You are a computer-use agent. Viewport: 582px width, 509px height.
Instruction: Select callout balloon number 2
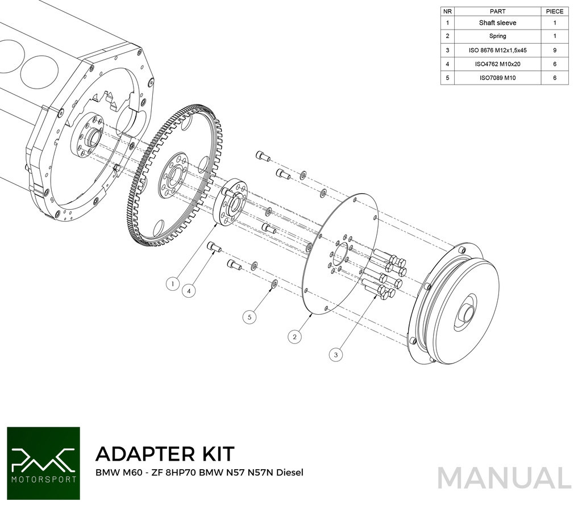click(x=294, y=337)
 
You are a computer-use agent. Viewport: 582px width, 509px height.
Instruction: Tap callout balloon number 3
click(x=336, y=354)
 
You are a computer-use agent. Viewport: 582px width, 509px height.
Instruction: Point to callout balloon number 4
click(x=190, y=290)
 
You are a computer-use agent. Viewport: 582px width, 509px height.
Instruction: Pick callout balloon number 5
click(x=250, y=316)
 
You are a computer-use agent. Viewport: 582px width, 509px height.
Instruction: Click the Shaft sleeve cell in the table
click(x=497, y=23)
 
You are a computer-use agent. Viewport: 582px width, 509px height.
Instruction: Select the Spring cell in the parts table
click(x=497, y=36)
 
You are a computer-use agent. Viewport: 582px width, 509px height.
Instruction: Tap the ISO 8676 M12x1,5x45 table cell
click(x=497, y=50)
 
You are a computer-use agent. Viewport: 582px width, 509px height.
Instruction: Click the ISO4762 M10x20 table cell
click(x=497, y=64)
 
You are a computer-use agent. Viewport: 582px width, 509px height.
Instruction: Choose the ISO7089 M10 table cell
click(x=497, y=78)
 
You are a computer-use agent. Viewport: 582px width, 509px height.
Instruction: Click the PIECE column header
click(x=554, y=11)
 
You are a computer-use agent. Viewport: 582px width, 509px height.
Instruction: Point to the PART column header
click(x=497, y=11)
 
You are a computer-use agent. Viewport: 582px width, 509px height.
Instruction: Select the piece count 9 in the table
click(x=554, y=50)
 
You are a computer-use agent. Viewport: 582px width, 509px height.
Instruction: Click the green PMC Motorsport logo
click(x=43, y=462)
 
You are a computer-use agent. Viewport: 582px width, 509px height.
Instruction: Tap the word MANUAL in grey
click(x=504, y=478)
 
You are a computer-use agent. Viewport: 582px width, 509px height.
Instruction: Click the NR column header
click(x=448, y=11)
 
